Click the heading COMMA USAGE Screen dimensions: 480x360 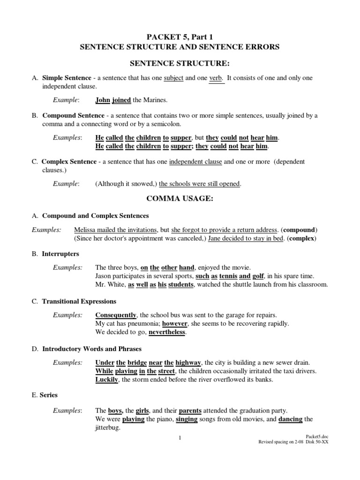pyautogui.click(x=180, y=199)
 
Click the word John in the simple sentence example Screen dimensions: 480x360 pyautogui.click(x=103, y=100)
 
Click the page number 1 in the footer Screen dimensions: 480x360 pyautogui.click(x=180, y=438)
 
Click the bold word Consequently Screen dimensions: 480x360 pyautogui.click(x=116, y=315)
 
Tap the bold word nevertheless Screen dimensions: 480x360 pyautogui.click(x=167, y=332)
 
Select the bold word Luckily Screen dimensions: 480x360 pyautogui.click(x=106, y=380)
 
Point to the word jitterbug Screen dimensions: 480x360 pyautogui.click(x=108, y=428)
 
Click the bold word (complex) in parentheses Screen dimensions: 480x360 pyautogui.click(x=302, y=239)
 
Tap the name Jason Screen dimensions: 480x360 pyautogui.click(x=104, y=276)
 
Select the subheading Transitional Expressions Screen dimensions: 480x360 pyautogui.click(x=79, y=301)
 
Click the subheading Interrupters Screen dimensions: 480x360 pyautogui.click(x=60, y=254)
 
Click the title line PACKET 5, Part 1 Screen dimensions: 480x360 pyautogui.click(x=180, y=37)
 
